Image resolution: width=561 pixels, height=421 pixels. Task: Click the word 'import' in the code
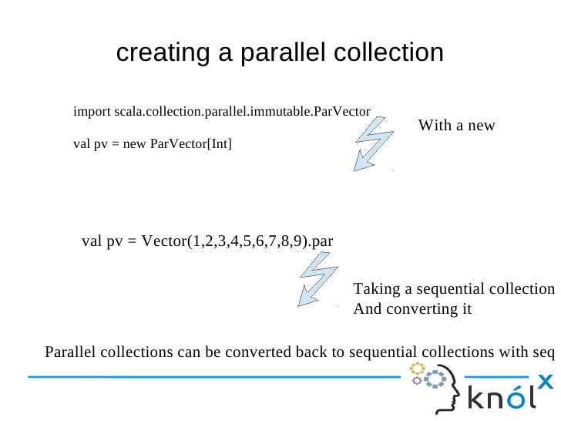pyautogui.click(x=92, y=113)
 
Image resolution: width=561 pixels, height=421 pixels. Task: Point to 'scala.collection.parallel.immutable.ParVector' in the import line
pyautogui.click(x=242, y=113)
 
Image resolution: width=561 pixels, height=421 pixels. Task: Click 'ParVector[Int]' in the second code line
pyautogui.click(x=190, y=144)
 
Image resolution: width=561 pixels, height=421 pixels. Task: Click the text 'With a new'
pyautogui.click(x=456, y=126)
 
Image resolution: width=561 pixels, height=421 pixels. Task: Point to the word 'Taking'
pyautogui.click(x=376, y=289)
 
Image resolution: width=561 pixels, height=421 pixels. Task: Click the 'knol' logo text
pyautogui.click(x=501, y=399)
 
